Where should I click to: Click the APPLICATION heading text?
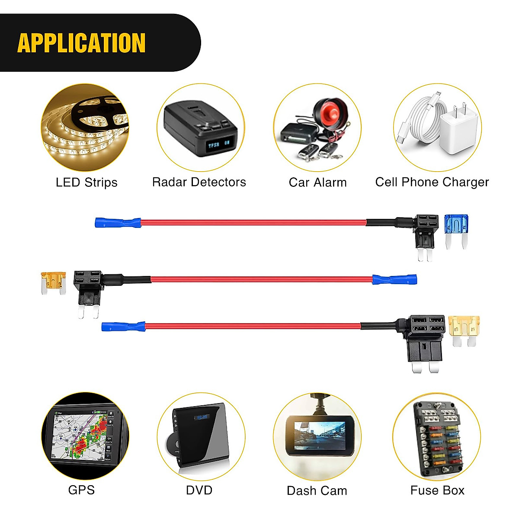(x=81, y=43)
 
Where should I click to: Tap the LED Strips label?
(x=86, y=183)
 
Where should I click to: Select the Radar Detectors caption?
(x=199, y=182)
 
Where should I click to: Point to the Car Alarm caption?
(x=317, y=183)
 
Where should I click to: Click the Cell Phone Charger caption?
(x=432, y=182)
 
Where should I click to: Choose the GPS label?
(x=81, y=490)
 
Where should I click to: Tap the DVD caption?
(x=199, y=490)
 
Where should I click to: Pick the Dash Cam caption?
(x=317, y=490)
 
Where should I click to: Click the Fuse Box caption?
(x=437, y=490)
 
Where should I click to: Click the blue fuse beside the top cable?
(x=457, y=229)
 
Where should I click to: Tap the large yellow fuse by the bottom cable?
(x=464, y=329)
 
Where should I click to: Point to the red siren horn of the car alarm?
(x=331, y=112)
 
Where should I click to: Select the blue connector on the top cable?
(x=118, y=223)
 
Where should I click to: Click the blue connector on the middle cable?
(x=394, y=279)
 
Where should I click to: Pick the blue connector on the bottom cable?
(x=123, y=326)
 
